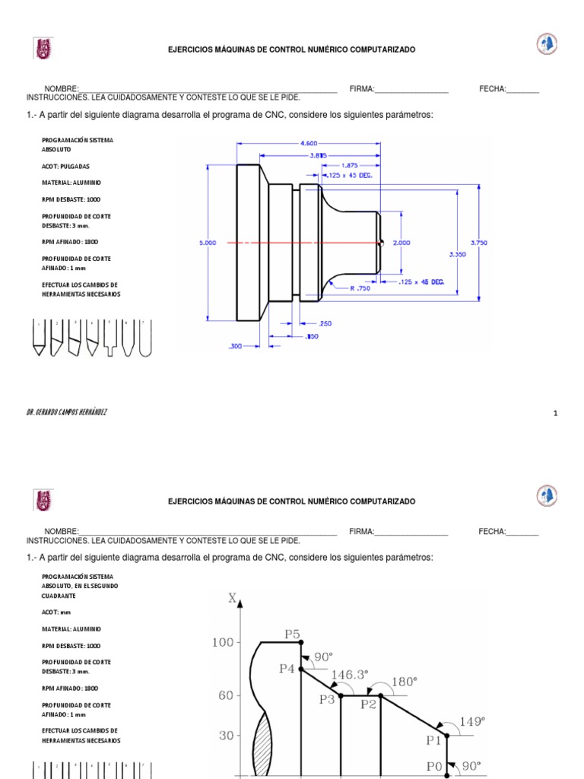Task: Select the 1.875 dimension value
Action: pos(350,164)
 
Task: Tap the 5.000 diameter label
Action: pos(208,243)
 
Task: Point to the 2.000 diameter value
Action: pos(401,243)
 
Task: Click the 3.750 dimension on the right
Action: pos(479,243)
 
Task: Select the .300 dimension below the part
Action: pos(236,346)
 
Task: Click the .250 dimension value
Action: pos(325,323)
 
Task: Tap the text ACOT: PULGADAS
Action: pos(65,165)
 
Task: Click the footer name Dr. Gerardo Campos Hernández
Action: pos(67,412)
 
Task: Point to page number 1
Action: pos(556,413)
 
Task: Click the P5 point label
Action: pos(293,633)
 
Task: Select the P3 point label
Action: pos(327,699)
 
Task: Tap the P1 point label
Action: pos(433,739)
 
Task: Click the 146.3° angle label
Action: pos(349,674)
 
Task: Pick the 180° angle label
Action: pos(403,682)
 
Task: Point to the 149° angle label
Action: pos(472,720)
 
